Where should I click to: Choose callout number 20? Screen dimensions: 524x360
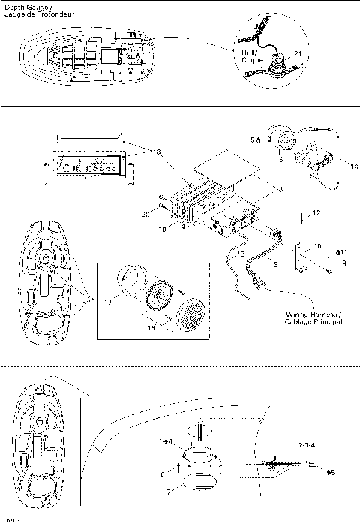[x=166, y=215]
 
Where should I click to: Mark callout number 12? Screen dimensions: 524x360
[x=316, y=214]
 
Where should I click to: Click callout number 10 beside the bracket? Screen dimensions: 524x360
[x=316, y=245]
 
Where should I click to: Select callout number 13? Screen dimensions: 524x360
[x=241, y=254]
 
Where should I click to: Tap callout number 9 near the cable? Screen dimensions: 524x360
[x=275, y=264]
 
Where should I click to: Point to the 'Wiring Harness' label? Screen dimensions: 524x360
[x=313, y=318]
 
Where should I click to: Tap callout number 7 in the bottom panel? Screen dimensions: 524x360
[x=167, y=492]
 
